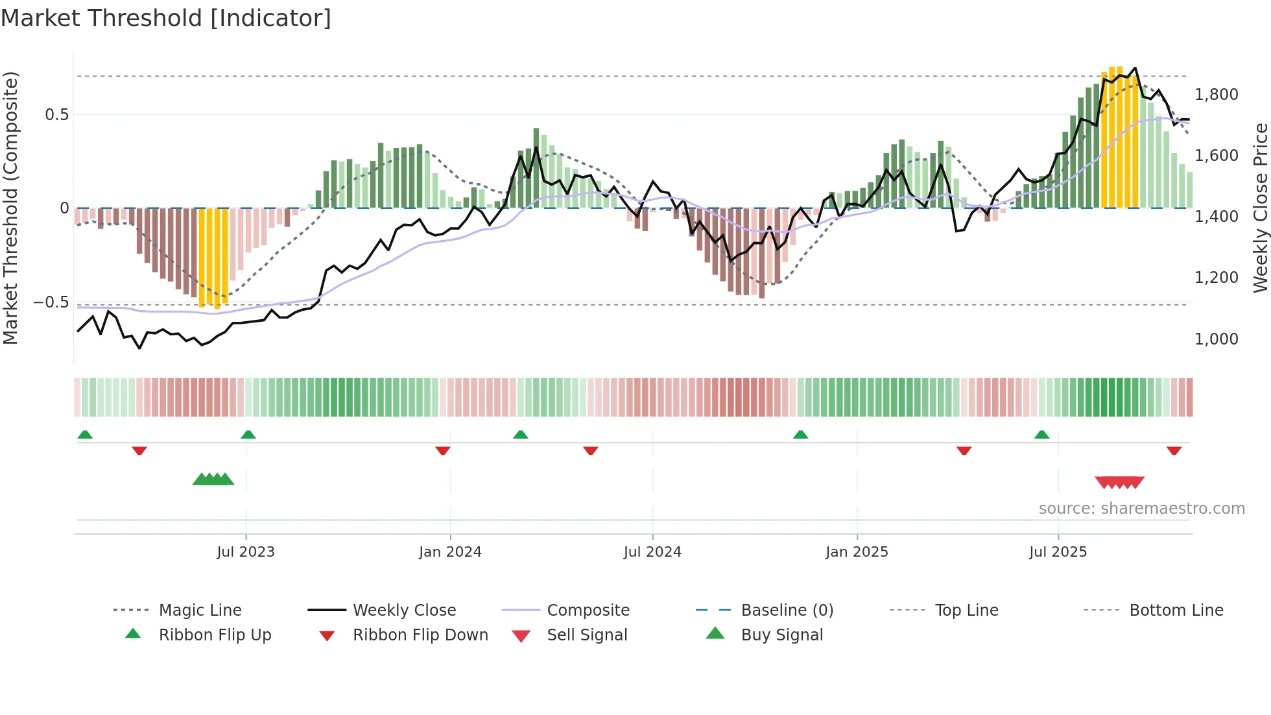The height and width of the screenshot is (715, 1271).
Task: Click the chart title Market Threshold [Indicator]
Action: [x=166, y=18]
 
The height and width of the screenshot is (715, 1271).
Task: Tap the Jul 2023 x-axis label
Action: [x=246, y=552]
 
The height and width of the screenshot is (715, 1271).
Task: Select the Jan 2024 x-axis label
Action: [x=450, y=552]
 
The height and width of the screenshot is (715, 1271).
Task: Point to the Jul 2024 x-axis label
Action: [x=652, y=552]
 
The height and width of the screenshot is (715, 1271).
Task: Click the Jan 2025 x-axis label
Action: [x=857, y=552]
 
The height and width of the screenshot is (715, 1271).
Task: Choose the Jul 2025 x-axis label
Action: [x=1058, y=552]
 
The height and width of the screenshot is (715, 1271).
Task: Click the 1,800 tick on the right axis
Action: [x=1216, y=95]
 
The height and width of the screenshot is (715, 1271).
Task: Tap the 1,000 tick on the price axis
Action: [x=1216, y=339]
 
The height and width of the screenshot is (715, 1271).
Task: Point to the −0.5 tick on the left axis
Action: [x=51, y=302]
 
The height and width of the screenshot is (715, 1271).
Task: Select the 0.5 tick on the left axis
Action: [x=56, y=115]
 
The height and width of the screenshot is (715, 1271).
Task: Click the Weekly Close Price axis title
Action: [x=1260, y=208]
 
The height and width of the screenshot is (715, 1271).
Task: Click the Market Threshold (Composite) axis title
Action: [x=10, y=208]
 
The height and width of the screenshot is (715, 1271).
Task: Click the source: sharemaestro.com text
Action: [x=1141, y=509]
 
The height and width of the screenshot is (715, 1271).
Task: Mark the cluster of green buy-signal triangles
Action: [x=213, y=479]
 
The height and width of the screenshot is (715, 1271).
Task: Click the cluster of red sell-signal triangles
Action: [x=1119, y=482]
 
